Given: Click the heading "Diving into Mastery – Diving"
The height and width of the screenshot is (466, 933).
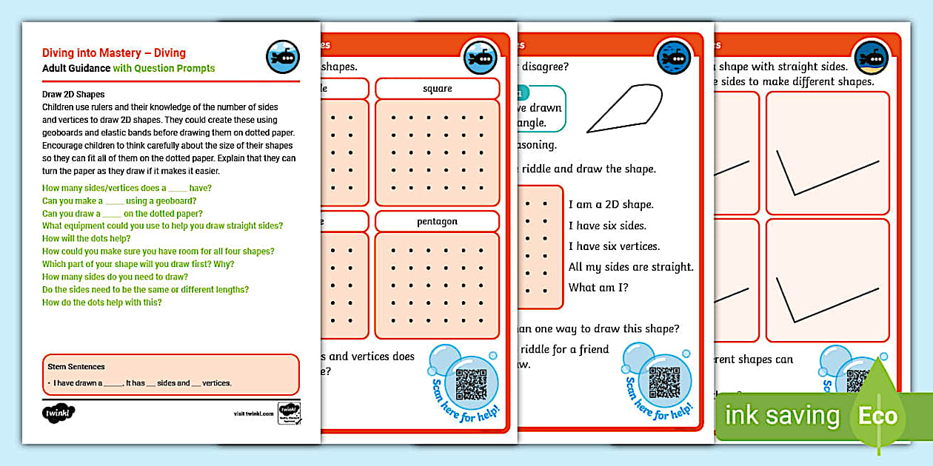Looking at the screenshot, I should pos(114,53).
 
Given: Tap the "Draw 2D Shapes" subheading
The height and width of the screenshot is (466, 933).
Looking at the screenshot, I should pos(73,95).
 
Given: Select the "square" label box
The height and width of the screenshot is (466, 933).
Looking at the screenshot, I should pos(437,89).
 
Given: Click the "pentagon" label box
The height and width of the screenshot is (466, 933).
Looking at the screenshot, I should pos(437,221).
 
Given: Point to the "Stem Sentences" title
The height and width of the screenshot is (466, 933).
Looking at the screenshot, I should pos(76,367).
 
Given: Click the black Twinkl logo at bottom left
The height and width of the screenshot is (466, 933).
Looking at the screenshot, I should pos(59,411).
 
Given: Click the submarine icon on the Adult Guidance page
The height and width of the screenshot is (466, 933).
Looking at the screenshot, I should pos(282,56).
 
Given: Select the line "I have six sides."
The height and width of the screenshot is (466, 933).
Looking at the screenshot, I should pos(607,226).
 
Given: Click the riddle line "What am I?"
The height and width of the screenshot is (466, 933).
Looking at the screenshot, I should pos(598,288).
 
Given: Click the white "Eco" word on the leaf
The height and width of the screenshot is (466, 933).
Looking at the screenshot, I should pos(877,416).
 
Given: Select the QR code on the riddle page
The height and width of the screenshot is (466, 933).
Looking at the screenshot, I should pos(664,382).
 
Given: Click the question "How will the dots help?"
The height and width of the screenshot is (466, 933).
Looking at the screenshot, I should pos(87,238).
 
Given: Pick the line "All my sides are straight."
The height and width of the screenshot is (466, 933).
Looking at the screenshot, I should pos(631,267).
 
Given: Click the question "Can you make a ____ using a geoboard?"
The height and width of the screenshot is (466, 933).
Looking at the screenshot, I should pos(118,200).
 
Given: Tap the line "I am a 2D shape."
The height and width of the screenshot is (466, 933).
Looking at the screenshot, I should pos(611,205).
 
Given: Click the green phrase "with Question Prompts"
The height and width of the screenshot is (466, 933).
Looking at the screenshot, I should pos(164,69).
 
